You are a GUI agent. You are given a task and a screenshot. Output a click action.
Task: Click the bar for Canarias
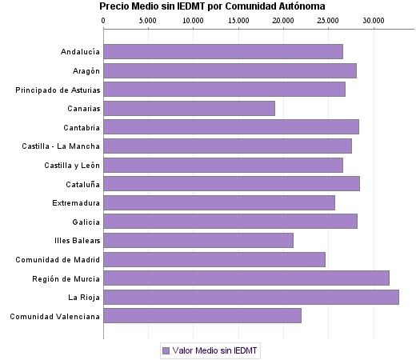(189, 108)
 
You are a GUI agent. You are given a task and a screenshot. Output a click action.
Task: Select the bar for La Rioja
(251, 298)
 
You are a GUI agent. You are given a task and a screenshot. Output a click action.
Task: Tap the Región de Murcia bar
(246, 278)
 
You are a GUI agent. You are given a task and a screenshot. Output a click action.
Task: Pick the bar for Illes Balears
(198, 240)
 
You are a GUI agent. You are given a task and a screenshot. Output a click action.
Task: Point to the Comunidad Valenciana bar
(202, 316)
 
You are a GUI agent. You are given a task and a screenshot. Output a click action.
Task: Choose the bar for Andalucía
(223, 52)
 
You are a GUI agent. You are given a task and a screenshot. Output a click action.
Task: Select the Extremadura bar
(219, 202)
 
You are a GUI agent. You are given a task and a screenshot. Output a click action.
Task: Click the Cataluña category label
(82, 184)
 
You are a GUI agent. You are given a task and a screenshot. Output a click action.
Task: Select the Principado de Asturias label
(58, 90)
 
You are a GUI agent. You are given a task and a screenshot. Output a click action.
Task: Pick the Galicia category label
(84, 222)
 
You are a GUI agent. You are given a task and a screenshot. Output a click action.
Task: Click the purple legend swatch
(166, 350)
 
